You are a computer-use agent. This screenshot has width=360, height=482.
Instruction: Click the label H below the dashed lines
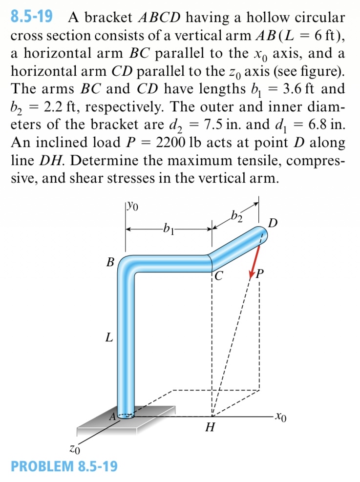(x=211, y=428)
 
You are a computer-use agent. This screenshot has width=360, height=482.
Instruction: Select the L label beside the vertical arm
(x=109, y=337)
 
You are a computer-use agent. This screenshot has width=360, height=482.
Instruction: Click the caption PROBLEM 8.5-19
(x=64, y=466)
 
